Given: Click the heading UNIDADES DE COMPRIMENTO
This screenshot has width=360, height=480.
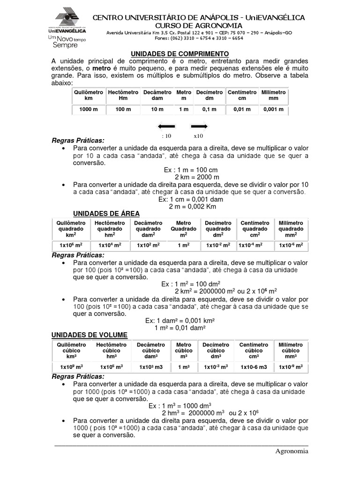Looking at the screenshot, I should tap(179, 54).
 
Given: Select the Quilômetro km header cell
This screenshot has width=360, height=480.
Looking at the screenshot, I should tap(89, 96).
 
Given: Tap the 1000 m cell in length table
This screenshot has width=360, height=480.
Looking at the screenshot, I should tap(89, 109).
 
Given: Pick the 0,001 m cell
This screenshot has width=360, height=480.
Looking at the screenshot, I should tap(273, 109).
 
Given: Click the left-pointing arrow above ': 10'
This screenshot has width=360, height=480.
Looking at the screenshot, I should tap(166, 126).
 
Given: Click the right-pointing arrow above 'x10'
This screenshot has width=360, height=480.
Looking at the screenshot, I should tap(199, 126).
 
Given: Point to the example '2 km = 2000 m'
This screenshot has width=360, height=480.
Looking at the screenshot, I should tap(197, 177).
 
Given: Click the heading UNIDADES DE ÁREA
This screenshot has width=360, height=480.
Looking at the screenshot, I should tap(106, 214).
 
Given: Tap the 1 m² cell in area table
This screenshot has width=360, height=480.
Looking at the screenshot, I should tap(183, 245).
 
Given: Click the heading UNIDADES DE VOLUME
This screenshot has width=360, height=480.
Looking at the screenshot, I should tap(89, 335).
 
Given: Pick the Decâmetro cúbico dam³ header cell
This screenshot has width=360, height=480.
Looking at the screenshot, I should tap(151, 350).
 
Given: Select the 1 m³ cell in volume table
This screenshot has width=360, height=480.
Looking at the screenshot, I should tap(183, 366).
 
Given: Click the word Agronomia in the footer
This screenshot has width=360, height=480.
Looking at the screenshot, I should tap(292, 451).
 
